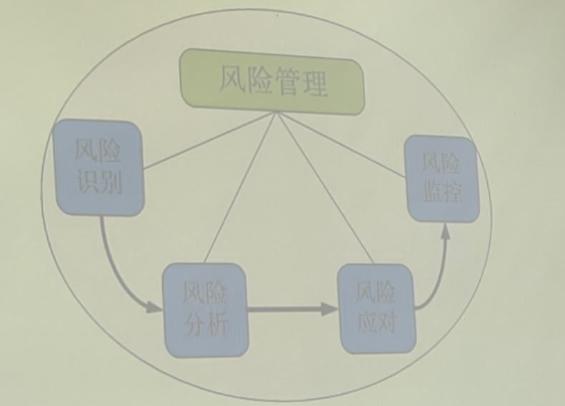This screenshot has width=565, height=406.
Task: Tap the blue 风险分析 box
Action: [205, 309]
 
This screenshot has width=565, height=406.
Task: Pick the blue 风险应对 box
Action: [376, 308]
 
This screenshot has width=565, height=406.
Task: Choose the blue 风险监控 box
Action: [441, 178]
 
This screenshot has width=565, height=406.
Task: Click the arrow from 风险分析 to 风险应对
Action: [293, 310]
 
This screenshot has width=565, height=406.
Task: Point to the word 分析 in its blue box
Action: [205, 325]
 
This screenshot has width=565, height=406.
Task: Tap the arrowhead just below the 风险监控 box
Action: [446, 230]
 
